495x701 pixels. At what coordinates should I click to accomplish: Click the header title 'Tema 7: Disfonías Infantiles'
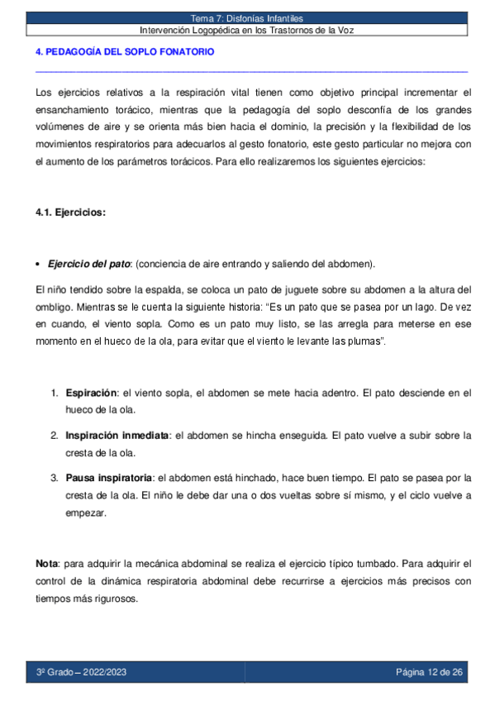(x=247, y=18)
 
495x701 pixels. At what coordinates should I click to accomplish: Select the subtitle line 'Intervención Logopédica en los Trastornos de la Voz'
(x=247, y=30)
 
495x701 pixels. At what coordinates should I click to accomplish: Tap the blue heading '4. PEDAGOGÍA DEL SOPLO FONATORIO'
(x=125, y=52)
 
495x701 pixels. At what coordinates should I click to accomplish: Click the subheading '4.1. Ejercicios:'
(x=70, y=212)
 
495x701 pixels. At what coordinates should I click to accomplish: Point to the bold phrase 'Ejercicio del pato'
(x=89, y=265)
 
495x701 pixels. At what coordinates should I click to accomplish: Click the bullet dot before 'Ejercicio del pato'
(x=40, y=265)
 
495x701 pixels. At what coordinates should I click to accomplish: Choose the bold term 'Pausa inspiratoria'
(x=109, y=478)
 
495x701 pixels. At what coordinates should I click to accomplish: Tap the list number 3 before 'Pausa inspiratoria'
(x=55, y=478)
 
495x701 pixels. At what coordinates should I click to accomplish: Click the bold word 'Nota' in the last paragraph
(x=47, y=564)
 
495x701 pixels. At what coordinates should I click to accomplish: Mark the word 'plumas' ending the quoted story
(x=367, y=341)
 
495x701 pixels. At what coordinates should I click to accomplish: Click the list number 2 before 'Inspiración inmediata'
(x=55, y=435)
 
